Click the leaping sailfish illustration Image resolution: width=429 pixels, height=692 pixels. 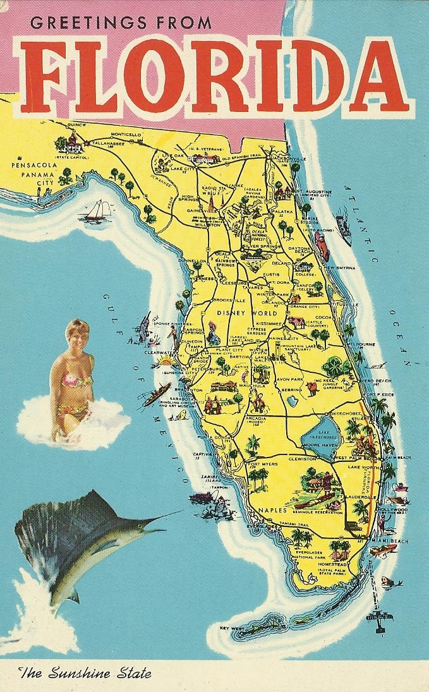pyautogui.click(x=82, y=543)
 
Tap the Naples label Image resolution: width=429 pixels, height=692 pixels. pyautogui.click(x=272, y=509)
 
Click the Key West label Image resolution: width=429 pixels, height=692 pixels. pyautogui.click(x=232, y=628)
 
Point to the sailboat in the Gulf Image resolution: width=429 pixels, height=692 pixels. pyautogui.click(x=97, y=210)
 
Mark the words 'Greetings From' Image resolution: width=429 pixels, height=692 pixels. pyautogui.click(x=121, y=23)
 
